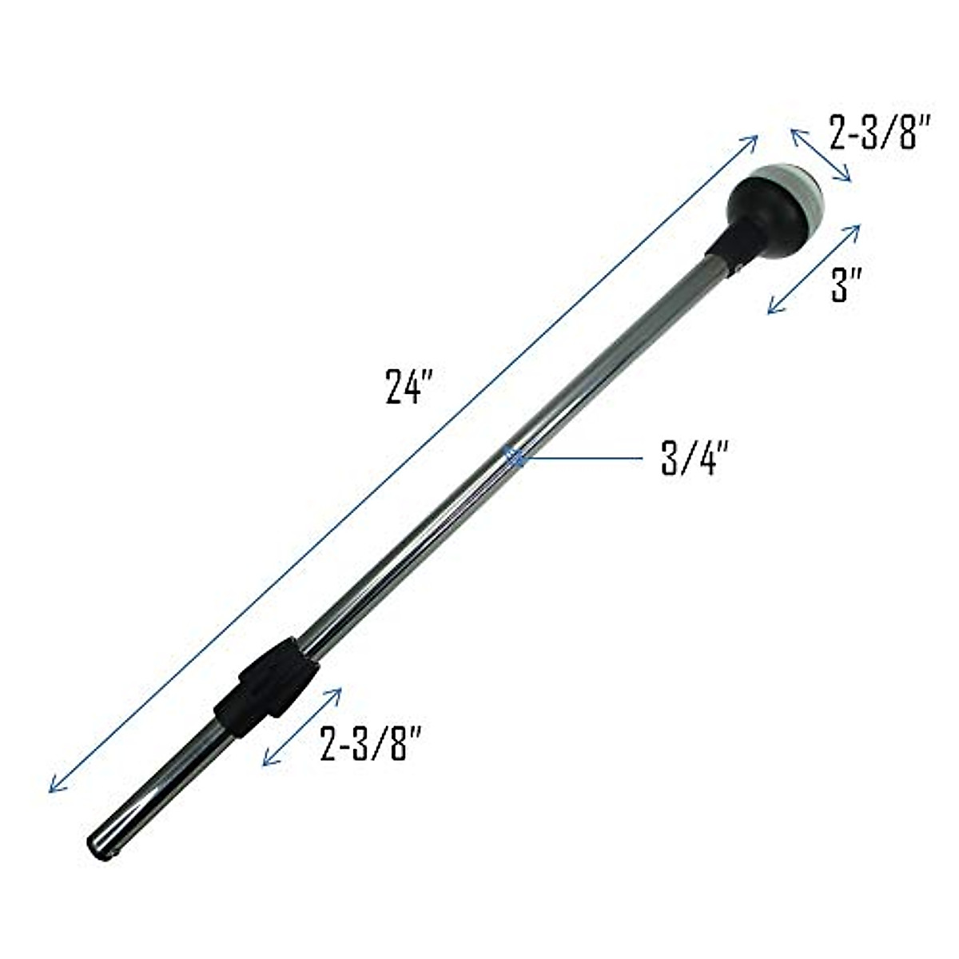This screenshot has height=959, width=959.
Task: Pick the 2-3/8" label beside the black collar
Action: click(370, 743)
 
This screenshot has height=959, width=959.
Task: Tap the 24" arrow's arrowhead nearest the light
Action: click(751, 141)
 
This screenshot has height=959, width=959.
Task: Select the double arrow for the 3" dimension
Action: click(814, 269)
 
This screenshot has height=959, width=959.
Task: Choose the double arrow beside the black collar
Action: click(302, 727)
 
